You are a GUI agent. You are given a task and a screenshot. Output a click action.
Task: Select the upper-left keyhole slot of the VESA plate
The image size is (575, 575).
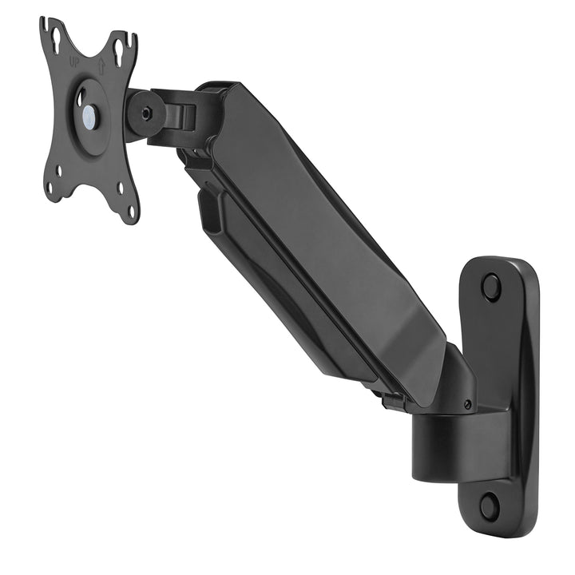pos(55,48)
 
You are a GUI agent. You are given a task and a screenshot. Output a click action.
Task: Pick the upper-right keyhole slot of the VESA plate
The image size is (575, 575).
pos(119,51)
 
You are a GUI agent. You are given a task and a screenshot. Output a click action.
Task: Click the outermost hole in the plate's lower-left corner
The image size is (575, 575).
pos(50,188)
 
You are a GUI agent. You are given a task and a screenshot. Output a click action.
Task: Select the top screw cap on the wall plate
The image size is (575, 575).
pos(491,285)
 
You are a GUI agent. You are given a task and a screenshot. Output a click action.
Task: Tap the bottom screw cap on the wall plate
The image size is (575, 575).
pos(490,505)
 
